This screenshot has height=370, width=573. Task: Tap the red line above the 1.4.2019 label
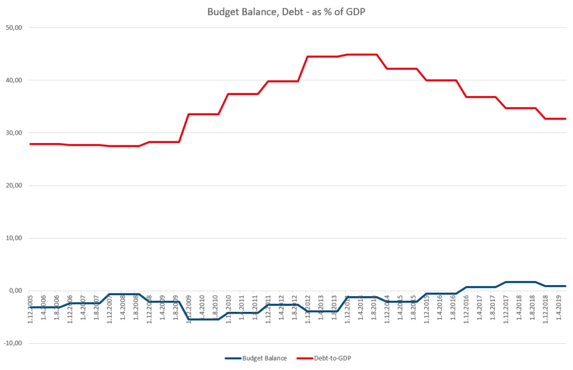[560, 118]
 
